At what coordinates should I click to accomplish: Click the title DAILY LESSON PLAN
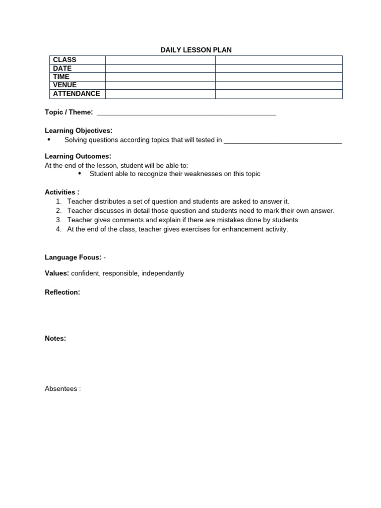click(x=196, y=50)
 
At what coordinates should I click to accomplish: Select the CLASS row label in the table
click(x=64, y=60)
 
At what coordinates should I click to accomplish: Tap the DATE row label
click(x=63, y=68)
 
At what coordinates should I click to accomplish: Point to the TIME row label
click(x=62, y=77)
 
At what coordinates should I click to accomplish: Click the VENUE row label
click(x=65, y=85)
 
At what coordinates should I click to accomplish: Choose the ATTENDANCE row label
click(x=76, y=93)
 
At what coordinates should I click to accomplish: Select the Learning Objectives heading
click(x=78, y=130)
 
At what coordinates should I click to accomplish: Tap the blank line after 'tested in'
click(x=283, y=140)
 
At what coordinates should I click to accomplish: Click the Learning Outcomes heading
click(x=78, y=156)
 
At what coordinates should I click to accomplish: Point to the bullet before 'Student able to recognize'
click(x=80, y=174)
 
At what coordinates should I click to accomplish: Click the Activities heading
click(x=62, y=192)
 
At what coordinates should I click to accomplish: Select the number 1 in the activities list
click(x=58, y=201)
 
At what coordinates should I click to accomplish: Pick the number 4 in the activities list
click(x=58, y=229)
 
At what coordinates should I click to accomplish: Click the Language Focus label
click(x=73, y=257)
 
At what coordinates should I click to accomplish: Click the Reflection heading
click(x=62, y=292)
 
